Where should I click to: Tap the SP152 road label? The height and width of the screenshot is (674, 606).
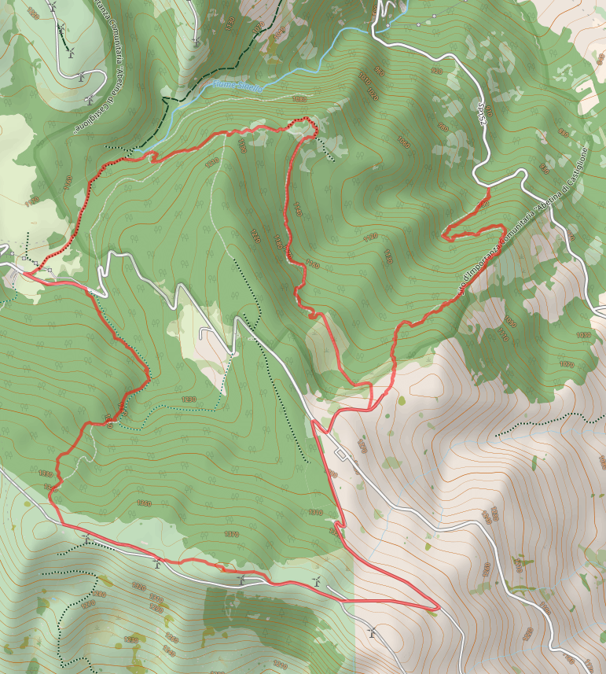(x=482, y=113)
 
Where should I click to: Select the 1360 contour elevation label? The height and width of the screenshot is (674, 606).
(x=143, y=503)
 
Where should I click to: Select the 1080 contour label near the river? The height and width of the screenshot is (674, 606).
(x=298, y=99)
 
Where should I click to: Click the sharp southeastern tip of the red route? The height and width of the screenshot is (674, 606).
(x=438, y=607)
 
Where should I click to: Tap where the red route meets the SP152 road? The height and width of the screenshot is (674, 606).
(x=489, y=190)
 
